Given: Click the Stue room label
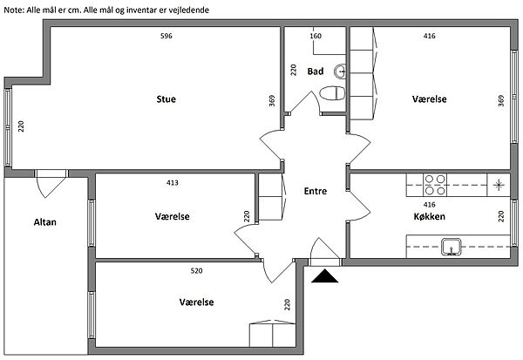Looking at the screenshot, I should tap(166, 99).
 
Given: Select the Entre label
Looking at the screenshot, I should tap(316, 192).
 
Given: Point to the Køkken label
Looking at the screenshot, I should tap(430, 216).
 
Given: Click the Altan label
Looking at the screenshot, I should tap(44, 221).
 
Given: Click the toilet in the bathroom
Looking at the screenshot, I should tap(332, 93).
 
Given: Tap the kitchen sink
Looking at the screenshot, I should tap(451, 247).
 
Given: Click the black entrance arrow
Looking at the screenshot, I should tap(325, 276).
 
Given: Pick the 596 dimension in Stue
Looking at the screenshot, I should tap(166, 36).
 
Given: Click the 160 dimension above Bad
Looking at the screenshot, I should tap(316, 36).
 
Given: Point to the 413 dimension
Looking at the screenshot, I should tap(172, 183).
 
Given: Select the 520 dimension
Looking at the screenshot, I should tap(196, 271).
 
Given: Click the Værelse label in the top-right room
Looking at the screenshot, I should tap(430, 99).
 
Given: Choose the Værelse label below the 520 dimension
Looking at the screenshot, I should tap(196, 302).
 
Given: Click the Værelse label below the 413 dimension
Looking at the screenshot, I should tap(172, 216).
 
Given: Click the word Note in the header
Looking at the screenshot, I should tap(15, 8).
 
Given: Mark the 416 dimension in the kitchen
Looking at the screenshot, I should tap(429, 204).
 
